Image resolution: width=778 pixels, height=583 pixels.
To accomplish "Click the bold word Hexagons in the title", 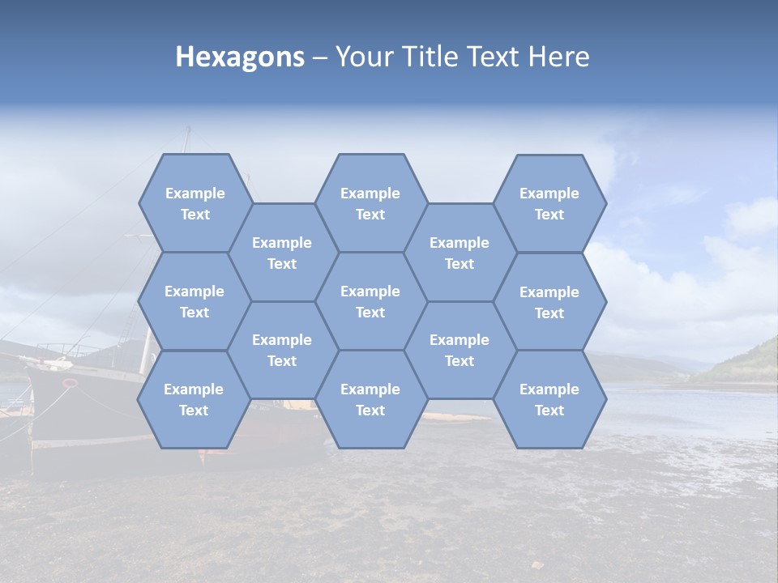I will [240, 57].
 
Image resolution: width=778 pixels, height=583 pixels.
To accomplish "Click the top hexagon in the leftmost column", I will [194, 203].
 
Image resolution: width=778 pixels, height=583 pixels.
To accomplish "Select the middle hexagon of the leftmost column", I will [194, 301].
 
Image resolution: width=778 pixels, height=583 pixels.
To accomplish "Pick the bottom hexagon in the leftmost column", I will [194, 399].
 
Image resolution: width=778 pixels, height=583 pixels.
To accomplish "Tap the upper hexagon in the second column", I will [282, 253].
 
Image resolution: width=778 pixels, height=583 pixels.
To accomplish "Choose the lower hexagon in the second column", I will [282, 350].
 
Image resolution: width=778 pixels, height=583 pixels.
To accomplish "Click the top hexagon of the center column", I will [370, 203].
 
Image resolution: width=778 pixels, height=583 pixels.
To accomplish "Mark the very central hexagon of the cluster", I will [370, 301].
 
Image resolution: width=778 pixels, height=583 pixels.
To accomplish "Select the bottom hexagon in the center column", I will [370, 399].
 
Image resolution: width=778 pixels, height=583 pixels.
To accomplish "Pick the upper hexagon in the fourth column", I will [460, 253].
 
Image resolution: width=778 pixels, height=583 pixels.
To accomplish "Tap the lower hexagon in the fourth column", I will [460, 350].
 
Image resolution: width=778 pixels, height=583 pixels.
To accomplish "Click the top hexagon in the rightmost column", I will [549, 203].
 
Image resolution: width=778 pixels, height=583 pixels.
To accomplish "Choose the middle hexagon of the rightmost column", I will [549, 302].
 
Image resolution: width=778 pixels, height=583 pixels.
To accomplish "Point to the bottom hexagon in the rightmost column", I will [549, 399].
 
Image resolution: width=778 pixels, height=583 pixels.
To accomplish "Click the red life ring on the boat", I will [71, 382].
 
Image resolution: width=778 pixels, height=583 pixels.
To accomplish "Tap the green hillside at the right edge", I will [746, 360].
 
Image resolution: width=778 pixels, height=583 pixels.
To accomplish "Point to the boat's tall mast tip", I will [189, 129].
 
